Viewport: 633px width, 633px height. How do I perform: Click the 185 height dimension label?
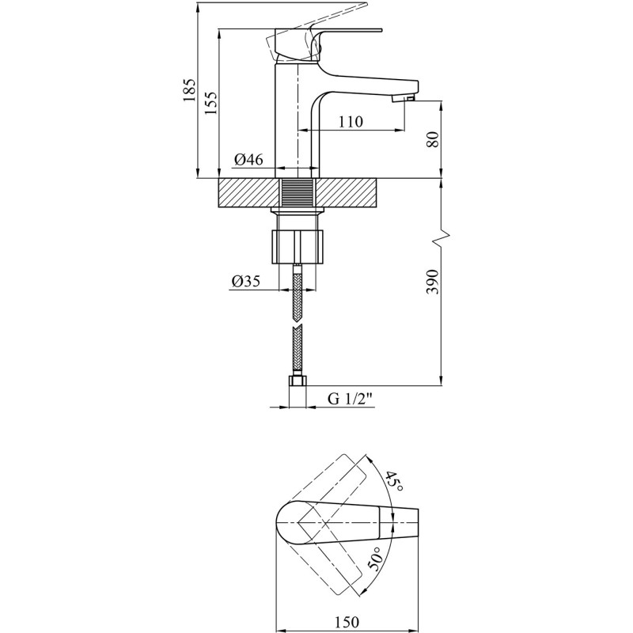coord(188,93)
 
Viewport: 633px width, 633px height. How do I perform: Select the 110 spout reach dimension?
coord(351,122)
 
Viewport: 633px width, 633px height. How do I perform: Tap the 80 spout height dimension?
coord(432,141)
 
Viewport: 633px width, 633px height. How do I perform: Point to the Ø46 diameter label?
coord(248,161)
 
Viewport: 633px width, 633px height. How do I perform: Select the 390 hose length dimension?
coord(432,280)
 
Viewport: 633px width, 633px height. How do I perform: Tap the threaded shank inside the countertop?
coord(298,193)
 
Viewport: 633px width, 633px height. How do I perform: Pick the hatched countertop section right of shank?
coord(348,193)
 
